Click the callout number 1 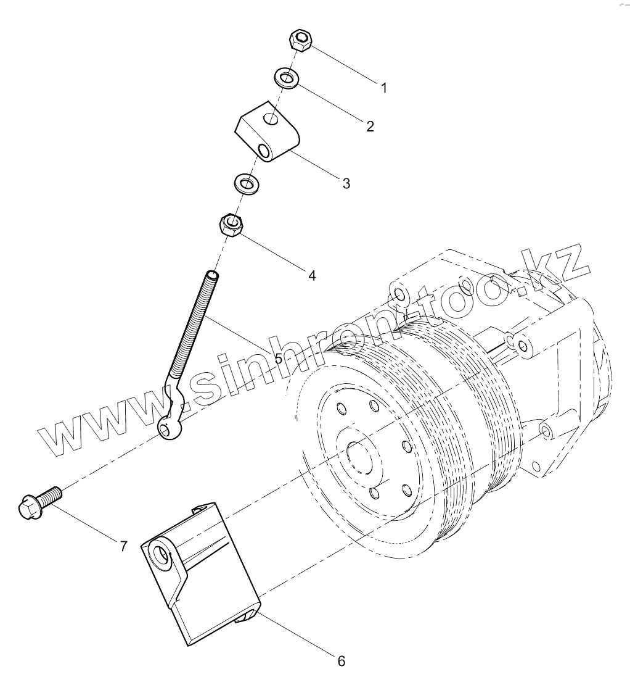click(384, 88)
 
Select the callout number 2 click(370, 127)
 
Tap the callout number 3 click(346, 183)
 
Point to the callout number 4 click(312, 276)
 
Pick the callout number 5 click(278, 359)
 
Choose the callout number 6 click(342, 662)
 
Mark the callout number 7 click(123, 546)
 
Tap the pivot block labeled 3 click(268, 132)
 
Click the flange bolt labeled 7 click(38, 502)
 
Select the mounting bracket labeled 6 click(203, 574)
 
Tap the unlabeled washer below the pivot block click(246, 183)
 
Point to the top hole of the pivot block click(269, 118)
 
